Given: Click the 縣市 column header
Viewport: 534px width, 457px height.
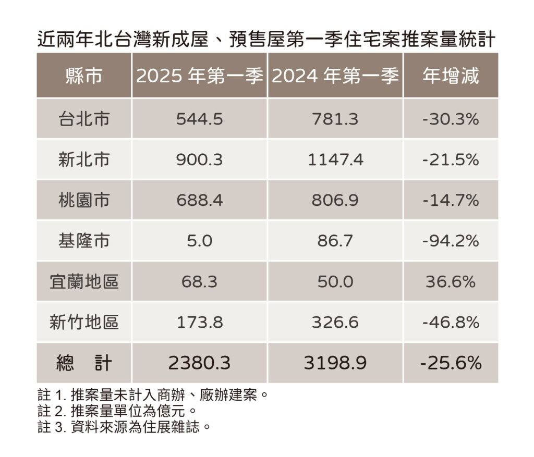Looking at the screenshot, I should click(x=84, y=77).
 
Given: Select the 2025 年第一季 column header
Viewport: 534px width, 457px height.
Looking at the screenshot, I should click(x=200, y=77).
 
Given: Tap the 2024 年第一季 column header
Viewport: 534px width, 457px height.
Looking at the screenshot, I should click(x=335, y=77).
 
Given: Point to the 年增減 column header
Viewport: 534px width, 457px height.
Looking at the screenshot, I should click(x=451, y=77).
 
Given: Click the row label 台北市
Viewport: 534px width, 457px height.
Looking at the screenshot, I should click(x=84, y=119).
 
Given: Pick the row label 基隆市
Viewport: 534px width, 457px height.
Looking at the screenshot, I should click(x=84, y=241).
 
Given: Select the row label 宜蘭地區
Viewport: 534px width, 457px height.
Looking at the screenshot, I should click(x=84, y=282).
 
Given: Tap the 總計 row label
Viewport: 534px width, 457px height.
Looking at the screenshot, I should click(x=84, y=363).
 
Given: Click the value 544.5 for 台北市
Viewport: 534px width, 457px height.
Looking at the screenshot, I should click(x=200, y=119).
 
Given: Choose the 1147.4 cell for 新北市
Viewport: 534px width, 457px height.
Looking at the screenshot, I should click(x=335, y=160).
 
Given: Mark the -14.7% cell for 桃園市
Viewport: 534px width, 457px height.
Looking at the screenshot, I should click(x=451, y=201).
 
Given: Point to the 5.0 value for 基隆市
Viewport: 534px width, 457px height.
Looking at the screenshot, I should click(x=200, y=241).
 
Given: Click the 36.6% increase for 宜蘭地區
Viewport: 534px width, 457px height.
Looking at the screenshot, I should click(x=451, y=282).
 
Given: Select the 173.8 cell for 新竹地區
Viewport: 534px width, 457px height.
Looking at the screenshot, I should click(x=200, y=323).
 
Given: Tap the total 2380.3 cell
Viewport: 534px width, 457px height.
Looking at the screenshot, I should click(x=200, y=363).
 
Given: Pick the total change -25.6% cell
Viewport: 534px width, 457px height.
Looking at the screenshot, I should click(x=451, y=363).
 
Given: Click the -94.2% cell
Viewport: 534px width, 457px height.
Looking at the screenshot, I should click(x=451, y=241).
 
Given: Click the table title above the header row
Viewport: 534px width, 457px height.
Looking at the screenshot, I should click(x=266, y=40).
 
